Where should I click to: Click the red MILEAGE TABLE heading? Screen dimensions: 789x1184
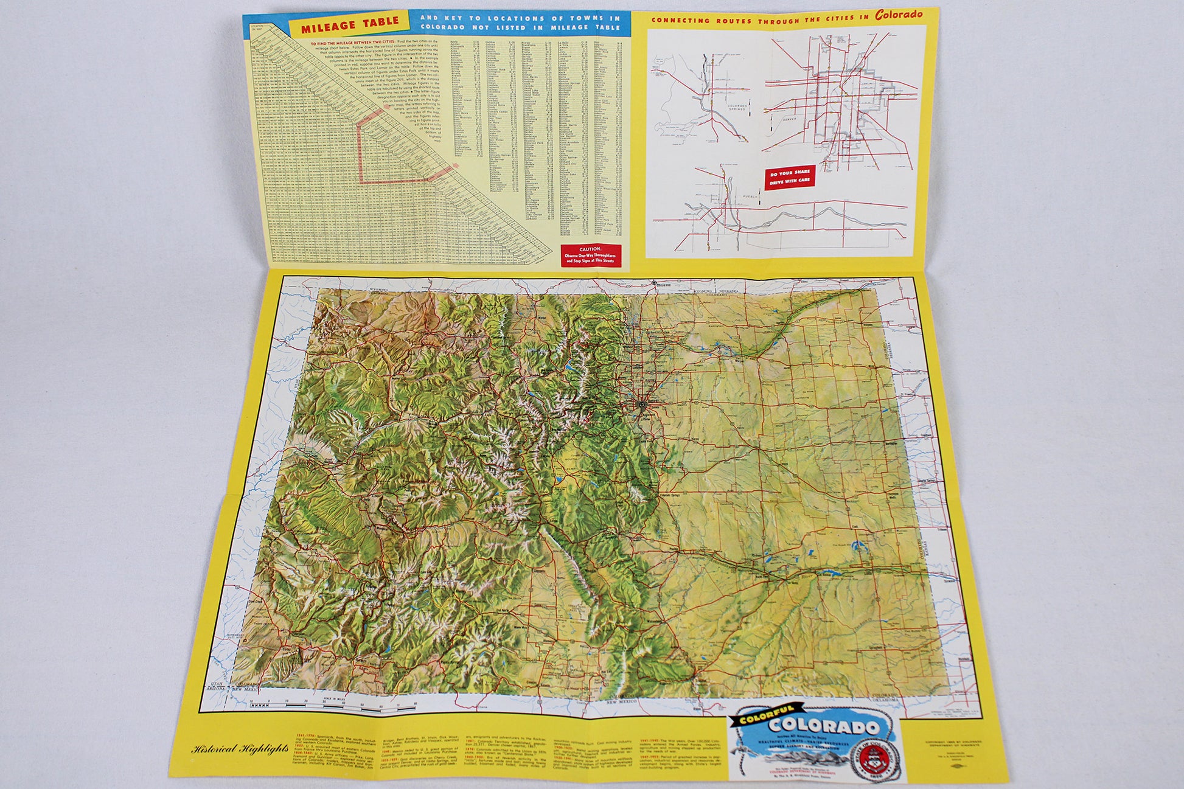[350, 25]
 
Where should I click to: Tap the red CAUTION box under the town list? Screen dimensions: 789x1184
[590, 255]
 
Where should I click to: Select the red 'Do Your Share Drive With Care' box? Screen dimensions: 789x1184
[790, 177]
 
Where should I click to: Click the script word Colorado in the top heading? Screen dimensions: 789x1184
[899, 15]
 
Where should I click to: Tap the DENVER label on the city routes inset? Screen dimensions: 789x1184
[789, 119]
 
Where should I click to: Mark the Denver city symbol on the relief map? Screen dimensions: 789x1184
[642, 404]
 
